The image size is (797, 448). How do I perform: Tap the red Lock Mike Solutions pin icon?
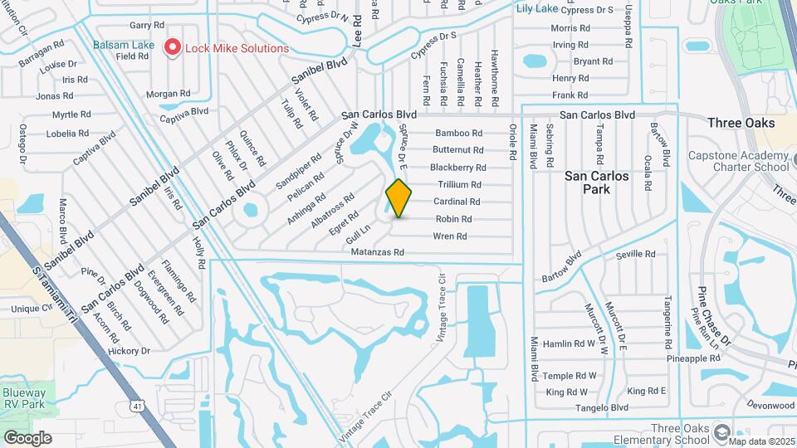click(x=173, y=47)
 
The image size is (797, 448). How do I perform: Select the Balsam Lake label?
click(x=123, y=44)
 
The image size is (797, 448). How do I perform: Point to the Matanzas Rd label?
click(x=377, y=252)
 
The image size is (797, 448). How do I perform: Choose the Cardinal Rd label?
click(x=457, y=202)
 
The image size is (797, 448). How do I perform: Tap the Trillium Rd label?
click(x=459, y=184)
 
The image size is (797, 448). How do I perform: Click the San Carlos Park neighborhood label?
click(x=597, y=183)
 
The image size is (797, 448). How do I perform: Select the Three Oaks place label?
click(x=741, y=123)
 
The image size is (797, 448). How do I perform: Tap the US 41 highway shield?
click(x=136, y=405)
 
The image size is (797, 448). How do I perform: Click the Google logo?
click(x=28, y=437)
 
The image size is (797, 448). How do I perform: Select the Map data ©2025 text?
click(x=762, y=441)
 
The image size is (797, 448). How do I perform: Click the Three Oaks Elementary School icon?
click(x=722, y=432)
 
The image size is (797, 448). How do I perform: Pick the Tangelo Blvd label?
click(x=598, y=408)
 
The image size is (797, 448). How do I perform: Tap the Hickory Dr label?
click(x=129, y=351)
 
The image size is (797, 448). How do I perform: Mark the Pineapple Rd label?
click(x=693, y=358)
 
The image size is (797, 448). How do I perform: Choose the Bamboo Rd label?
click(x=459, y=133)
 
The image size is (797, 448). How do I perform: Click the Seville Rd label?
click(x=636, y=255)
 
